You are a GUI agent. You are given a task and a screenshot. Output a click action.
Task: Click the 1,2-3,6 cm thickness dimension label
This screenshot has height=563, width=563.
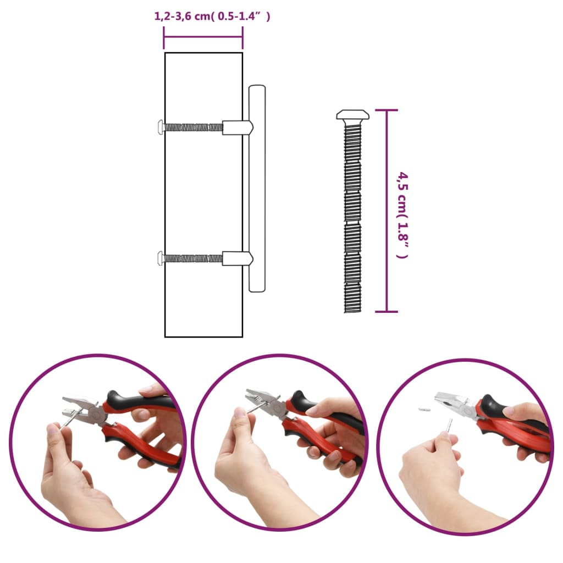click(212, 17)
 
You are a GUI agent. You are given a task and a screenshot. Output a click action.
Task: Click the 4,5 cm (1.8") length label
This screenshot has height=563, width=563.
click(404, 214)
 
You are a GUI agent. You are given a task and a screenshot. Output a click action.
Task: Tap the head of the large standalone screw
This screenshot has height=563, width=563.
click(352, 115)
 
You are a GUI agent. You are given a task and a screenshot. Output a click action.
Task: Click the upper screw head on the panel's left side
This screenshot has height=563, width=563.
click(161, 127)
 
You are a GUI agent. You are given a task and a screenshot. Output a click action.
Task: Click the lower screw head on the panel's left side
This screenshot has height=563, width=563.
click(161, 257)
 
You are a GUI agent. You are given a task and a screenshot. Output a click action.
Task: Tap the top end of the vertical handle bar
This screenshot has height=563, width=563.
click(257, 89)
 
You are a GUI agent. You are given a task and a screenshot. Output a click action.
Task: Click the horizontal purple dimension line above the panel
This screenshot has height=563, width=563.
click(203, 37)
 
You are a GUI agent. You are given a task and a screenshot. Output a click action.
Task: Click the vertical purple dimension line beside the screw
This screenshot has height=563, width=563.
click(387, 211)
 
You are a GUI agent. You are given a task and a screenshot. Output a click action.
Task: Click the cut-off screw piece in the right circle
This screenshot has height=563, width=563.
click(424, 410)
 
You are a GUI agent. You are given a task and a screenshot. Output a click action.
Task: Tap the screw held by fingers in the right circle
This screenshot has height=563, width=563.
click(449, 426)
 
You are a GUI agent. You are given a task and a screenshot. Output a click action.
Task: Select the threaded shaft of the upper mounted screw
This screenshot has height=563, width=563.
click(194, 127)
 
